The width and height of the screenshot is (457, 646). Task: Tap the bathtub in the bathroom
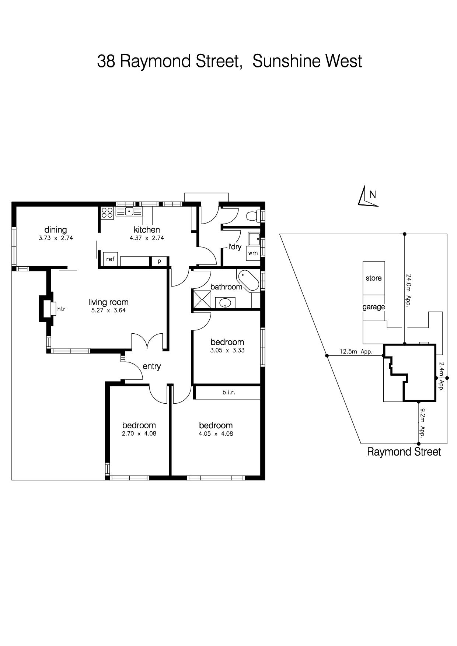coord(248,281)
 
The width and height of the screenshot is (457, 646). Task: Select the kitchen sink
coord(129,211)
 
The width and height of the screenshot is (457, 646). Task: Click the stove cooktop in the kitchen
coord(107,213)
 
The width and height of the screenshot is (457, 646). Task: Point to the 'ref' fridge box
coord(110,259)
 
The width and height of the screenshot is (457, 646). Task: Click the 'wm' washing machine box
coord(253,253)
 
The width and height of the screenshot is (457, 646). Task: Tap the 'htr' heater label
coord(61,309)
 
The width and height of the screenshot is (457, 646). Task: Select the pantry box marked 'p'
coord(160,261)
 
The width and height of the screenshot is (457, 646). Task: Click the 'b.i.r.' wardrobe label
coord(228,392)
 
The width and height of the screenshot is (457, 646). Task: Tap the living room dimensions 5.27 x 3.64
coord(108,310)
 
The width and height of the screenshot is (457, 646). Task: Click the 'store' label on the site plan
coord(374,278)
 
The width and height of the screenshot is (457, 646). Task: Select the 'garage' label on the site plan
coord(374,307)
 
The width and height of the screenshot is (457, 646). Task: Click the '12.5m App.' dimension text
coord(356,351)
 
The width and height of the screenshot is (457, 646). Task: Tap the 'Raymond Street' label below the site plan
coord(404,452)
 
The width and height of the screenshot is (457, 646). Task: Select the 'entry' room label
coord(152,366)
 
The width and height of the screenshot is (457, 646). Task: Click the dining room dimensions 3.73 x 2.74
coord(56,238)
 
